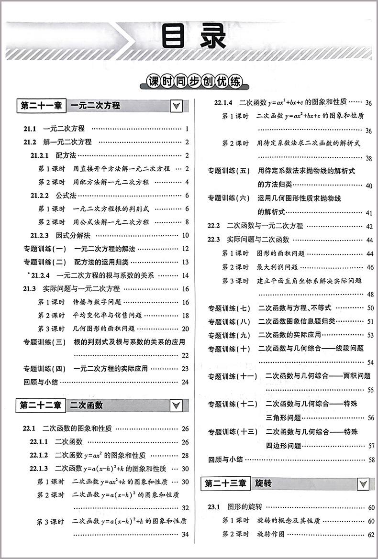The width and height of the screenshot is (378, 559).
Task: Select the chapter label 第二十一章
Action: pos(41,106)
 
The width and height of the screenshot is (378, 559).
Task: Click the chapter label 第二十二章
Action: pos(41,406)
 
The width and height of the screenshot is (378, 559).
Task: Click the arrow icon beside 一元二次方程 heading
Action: pos(176,106)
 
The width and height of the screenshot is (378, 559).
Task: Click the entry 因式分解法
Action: pos(73,235)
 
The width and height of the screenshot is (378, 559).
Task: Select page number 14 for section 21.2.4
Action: pos(185,275)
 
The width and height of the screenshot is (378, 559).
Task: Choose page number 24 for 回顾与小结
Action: pos(185,382)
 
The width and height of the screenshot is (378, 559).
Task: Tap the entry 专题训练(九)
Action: pos(229,335)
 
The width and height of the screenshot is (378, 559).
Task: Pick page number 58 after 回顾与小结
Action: pos(369,460)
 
